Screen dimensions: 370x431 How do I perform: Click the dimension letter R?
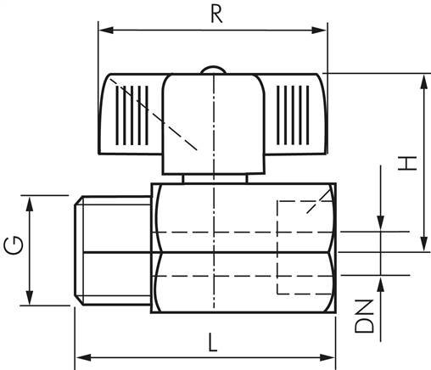217,14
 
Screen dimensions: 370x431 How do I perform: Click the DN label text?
365,316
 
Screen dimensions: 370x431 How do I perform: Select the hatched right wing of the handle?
296,115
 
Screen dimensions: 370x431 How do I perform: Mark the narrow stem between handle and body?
215,179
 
